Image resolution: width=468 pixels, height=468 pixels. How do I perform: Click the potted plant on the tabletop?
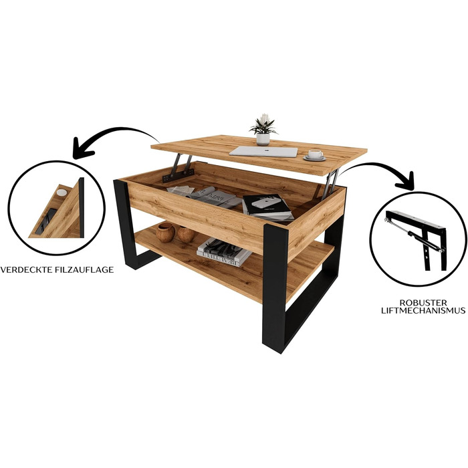tap(263, 130)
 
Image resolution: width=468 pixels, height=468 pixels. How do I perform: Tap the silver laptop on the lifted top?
tap(264, 152)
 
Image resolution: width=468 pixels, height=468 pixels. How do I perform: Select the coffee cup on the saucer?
tap(315, 154)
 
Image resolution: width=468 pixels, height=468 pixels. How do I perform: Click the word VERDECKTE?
tap(27, 270)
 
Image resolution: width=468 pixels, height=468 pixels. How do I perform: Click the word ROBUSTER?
tap(423, 303)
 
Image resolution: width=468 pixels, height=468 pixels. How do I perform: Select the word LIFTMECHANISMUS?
tap(423, 310)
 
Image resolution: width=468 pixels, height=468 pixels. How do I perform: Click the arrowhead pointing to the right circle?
tap(406, 181)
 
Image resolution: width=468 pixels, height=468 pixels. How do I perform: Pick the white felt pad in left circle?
tap(62, 193)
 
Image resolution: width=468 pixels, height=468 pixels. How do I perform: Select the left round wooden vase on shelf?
tap(165, 232)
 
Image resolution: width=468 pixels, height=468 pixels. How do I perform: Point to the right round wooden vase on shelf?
tap(186, 234)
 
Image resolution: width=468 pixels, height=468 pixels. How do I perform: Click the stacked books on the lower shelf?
tap(224, 253)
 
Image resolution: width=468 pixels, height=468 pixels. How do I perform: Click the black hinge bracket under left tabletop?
tap(178, 175)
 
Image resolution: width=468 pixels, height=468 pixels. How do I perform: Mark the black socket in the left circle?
tap(45, 221)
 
